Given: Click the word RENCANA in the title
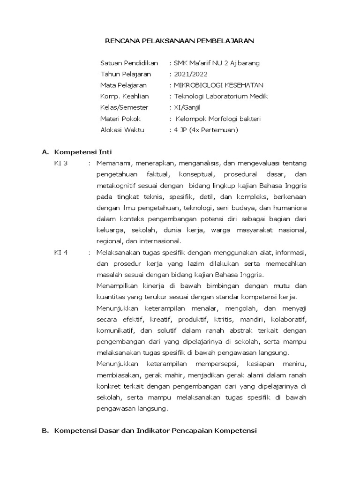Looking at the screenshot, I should coord(120,41).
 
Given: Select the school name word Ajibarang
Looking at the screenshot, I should coord(242,63).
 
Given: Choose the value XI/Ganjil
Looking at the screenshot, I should coord(187,108).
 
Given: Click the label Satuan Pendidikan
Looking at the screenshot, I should coord(129,63).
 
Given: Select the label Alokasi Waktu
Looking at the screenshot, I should coord(122,130).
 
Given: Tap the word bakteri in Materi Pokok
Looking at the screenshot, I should coord(248,119).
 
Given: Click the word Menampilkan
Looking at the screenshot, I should coord(119,286).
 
